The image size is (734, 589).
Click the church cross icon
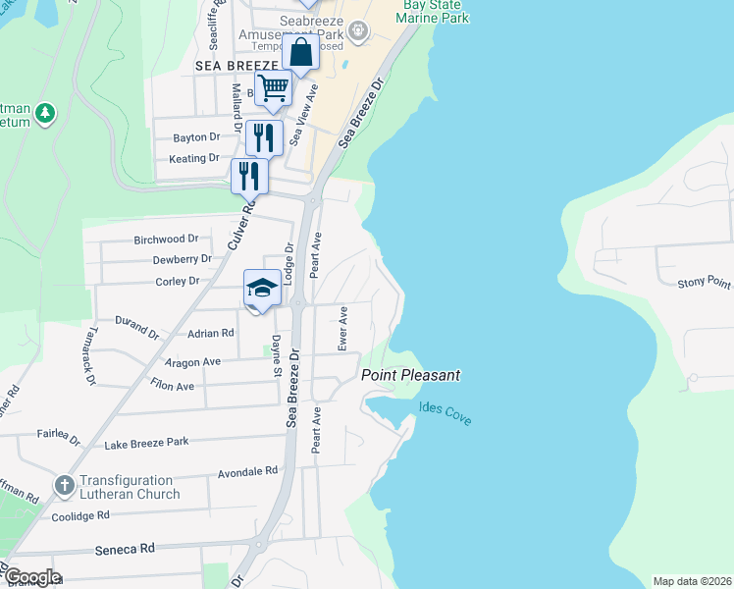click(x=65, y=485)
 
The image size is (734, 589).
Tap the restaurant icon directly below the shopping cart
click(x=263, y=137)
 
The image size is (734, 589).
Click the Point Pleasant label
click(x=410, y=375)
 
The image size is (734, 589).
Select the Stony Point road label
click(x=704, y=284)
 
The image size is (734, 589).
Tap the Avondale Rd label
click(x=248, y=471)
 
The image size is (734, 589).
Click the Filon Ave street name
click(x=172, y=386)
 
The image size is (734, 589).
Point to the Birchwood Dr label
click(x=166, y=239)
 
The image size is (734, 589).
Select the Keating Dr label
click(x=194, y=158)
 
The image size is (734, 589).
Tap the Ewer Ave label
click(x=343, y=328)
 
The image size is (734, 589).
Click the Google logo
click(x=31, y=577)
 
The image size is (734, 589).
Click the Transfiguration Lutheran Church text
click(x=131, y=487)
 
